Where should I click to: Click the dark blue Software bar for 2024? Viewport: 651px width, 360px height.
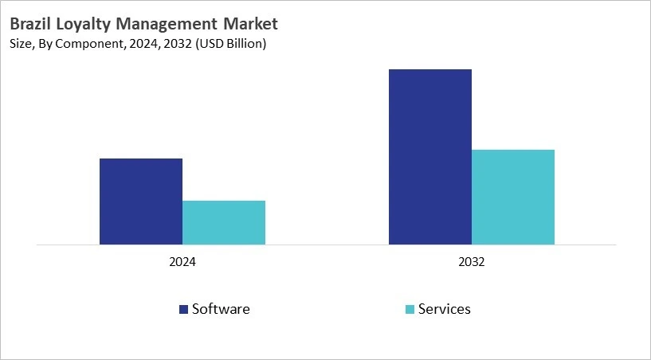[141, 202]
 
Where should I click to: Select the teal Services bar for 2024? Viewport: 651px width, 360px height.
[224, 222]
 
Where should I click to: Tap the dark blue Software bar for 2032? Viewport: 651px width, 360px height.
[430, 157]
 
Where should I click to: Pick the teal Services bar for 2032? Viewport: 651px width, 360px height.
[513, 197]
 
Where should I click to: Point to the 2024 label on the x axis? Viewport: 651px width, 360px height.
[182, 261]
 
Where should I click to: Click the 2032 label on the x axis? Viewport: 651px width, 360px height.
[472, 261]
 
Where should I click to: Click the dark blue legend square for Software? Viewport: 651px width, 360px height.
[184, 309]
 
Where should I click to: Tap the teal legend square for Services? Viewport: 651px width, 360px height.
[410, 309]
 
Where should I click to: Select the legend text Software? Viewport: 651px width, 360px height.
[221, 309]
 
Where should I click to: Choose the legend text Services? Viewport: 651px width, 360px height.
[445, 309]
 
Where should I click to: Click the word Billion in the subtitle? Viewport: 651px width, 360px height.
[245, 44]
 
